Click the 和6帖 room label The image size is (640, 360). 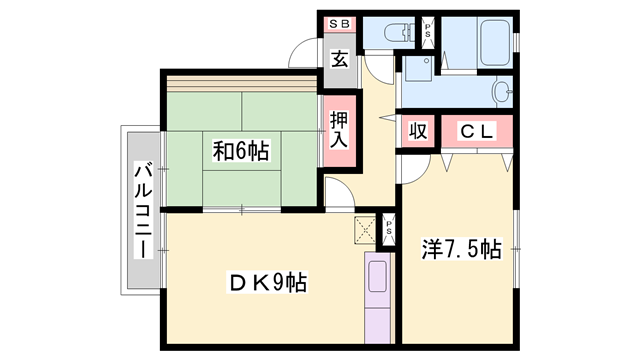pyautogui.click(x=240, y=152)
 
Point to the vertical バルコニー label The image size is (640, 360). pyautogui.click(x=141, y=210)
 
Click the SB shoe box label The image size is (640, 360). pyautogui.click(x=335, y=25)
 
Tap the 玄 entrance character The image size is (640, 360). pyautogui.click(x=339, y=59)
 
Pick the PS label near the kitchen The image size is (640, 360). pyautogui.click(x=388, y=228)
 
